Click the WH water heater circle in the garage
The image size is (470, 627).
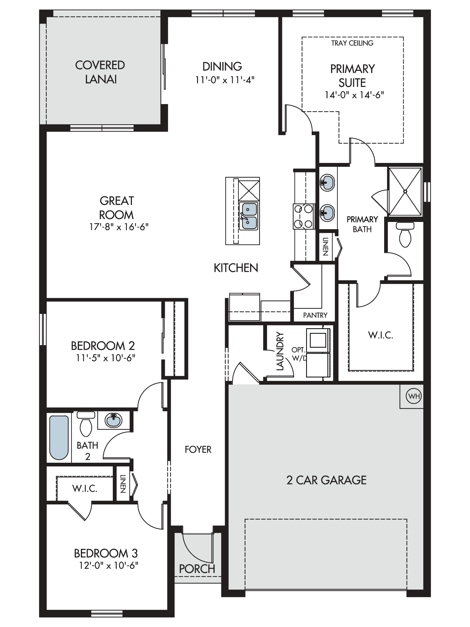(x=414, y=396)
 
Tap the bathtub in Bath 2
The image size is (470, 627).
(x=59, y=438)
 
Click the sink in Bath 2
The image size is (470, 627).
(x=113, y=420)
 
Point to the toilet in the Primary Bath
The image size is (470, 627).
(x=405, y=235)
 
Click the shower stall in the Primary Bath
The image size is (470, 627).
(x=405, y=191)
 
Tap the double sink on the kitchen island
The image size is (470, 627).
(x=248, y=216)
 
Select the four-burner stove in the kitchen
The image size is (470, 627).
(x=303, y=216)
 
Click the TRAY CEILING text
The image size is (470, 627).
(x=352, y=43)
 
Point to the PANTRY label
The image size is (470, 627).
(x=315, y=315)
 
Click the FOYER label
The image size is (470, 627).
(x=198, y=450)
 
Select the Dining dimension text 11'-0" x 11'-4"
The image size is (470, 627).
(x=225, y=80)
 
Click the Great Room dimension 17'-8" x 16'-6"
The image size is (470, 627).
(x=119, y=227)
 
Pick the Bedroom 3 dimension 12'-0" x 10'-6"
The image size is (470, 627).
(x=109, y=565)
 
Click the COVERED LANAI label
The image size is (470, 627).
(x=100, y=72)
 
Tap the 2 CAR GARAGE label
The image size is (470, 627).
(x=326, y=480)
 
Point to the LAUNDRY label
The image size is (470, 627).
(x=280, y=351)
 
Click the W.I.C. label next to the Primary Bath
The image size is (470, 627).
(x=381, y=335)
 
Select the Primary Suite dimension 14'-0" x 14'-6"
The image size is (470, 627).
(x=354, y=95)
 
